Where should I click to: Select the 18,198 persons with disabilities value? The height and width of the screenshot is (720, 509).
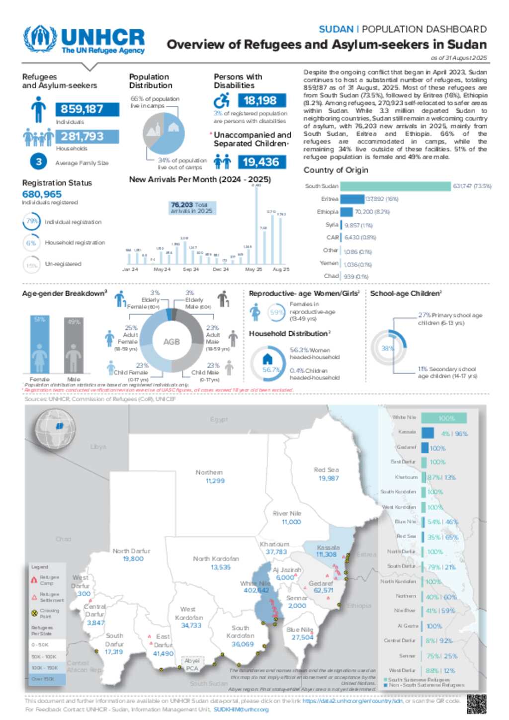pos(260,101)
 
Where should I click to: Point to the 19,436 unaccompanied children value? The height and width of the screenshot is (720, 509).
pos(261,162)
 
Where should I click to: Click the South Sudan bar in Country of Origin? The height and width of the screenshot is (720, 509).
pos(396,186)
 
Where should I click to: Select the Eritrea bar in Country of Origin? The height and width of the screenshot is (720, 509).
pos(352,199)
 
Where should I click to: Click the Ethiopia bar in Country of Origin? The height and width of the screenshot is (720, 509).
pos(346,212)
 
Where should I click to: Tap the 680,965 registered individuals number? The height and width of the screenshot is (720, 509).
pos(42,194)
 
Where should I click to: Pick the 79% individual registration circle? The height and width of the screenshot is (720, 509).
pos(32,222)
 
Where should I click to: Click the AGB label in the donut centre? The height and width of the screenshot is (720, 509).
pos(171,342)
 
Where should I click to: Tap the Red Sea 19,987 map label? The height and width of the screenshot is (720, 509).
pos(328,474)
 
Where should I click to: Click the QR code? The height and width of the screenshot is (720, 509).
pos(476,704)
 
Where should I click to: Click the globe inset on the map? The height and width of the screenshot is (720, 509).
pos(55,426)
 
